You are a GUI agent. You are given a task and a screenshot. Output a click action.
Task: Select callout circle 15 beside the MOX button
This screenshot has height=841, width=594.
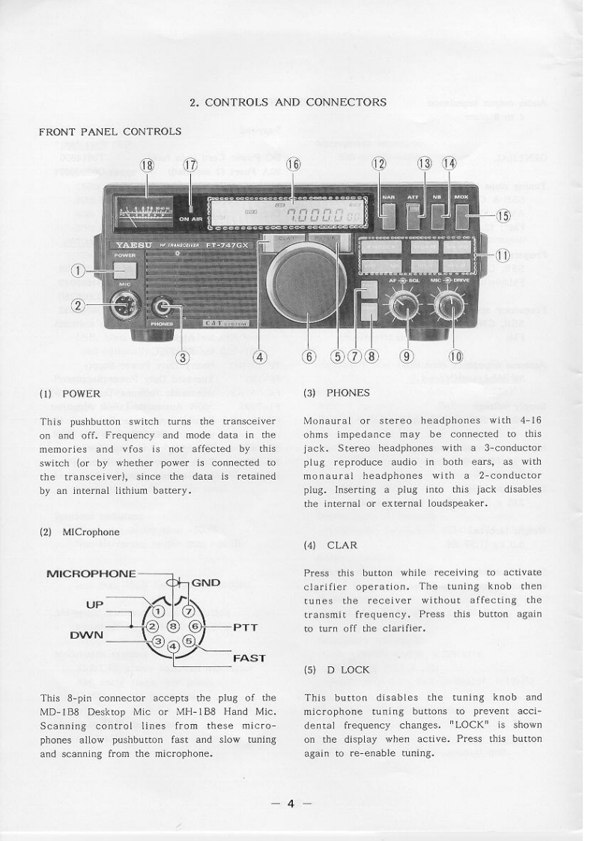coord(503,217)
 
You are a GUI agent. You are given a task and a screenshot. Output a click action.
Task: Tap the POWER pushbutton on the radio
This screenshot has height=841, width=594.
coord(127,270)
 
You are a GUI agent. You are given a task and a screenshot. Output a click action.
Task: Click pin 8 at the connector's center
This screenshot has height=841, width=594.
coord(173,626)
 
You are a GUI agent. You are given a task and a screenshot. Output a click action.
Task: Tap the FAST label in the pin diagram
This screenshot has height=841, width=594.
coord(249,659)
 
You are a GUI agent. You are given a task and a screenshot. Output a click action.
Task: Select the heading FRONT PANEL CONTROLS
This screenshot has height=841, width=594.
coord(109,131)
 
